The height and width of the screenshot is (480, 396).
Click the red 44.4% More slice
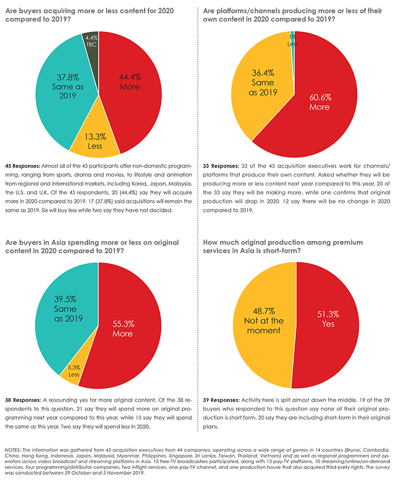click(131, 92)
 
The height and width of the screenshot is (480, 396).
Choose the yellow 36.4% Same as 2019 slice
click(263, 86)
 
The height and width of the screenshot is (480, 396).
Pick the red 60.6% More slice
click(318, 104)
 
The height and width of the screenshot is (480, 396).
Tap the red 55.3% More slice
click(125, 330)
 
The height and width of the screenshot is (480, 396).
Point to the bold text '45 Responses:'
click(23, 166)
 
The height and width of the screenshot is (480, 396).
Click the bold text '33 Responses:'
click(221, 166)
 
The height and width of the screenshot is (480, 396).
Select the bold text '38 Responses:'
click(23, 400)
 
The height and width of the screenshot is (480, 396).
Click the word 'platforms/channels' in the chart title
click(247, 11)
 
